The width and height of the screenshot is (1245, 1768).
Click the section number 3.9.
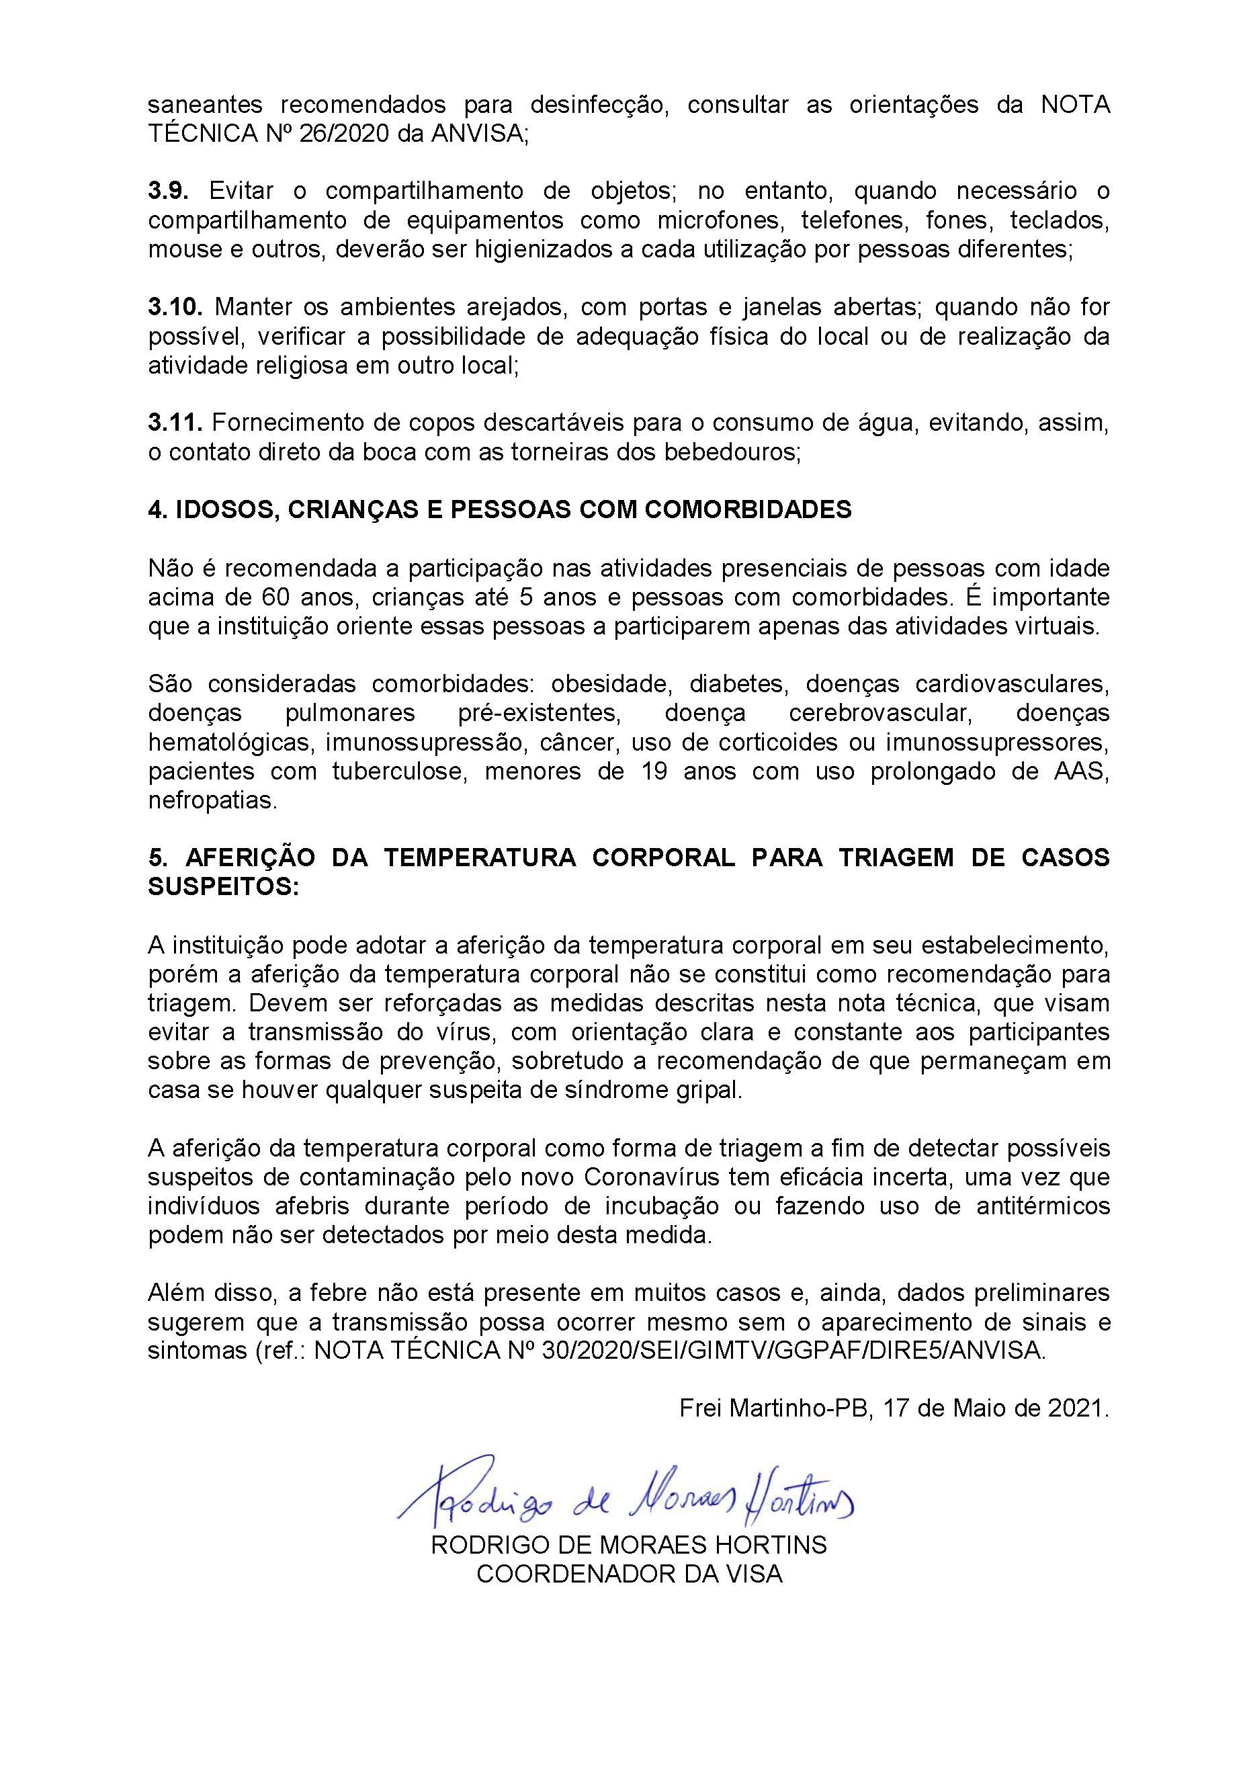[x=168, y=190]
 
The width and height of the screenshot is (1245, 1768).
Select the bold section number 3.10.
[x=175, y=307]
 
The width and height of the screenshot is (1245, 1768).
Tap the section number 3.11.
[x=174, y=423]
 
